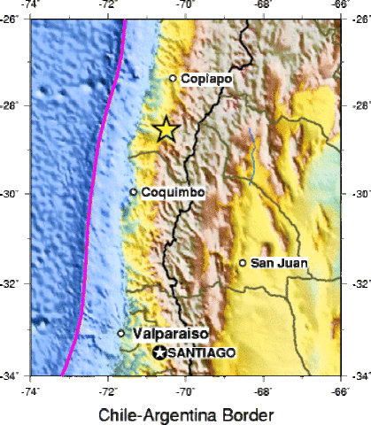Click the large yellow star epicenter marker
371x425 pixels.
[x=166, y=130]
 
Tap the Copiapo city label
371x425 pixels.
[x=206, y=79]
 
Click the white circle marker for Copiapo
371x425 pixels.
[x=173, y=78]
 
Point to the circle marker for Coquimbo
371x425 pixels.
[x=133, y=192]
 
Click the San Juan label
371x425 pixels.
[x=278, y=263]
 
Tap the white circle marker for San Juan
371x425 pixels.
[x=243, y=263]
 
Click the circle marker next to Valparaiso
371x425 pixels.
[x=121, y=334]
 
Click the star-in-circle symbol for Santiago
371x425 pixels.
[x=159, y=352]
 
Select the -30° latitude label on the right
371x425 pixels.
[x=358, y=195]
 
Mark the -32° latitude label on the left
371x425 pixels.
[x=12, y=285]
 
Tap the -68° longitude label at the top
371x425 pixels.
[x=263, y=6]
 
